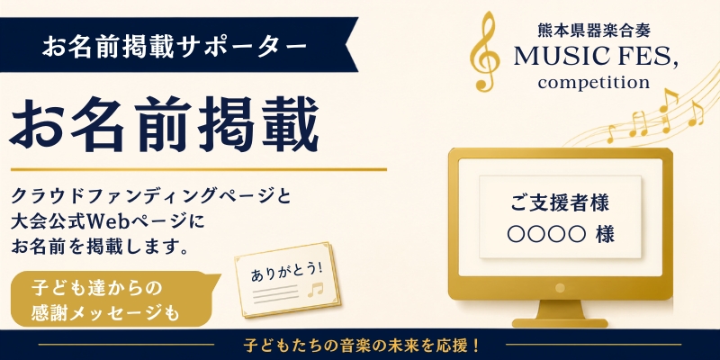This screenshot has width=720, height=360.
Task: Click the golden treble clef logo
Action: coord(485,51)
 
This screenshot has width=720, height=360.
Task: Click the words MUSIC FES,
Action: coord(596,57)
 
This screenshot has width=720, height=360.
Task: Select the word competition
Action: coord(594,83)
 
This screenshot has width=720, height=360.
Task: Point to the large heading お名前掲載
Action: coord(164,124)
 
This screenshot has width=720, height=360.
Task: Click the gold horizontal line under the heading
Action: coord(198,170)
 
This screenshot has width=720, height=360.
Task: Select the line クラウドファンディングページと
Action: coord(150,198)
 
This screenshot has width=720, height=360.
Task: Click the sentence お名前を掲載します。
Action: coord(101,247)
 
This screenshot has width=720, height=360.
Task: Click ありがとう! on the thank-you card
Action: coord(286,272)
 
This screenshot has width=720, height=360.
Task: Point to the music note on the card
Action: coord(316,290)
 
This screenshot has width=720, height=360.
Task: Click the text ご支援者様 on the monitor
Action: coord(560,203)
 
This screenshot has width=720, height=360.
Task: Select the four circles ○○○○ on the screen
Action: coord(546,235)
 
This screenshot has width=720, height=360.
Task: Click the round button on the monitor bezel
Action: coord(560,288)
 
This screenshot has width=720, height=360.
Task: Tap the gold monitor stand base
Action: coord(560,323)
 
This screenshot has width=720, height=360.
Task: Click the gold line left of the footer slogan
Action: coord(126,345)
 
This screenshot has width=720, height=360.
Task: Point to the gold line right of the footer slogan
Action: coord(593,345)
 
